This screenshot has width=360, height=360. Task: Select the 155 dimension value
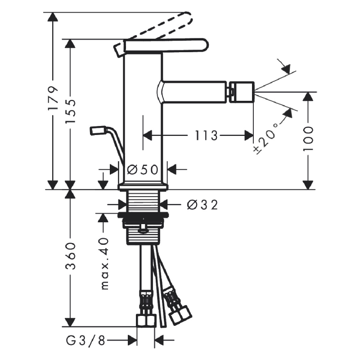tap(70, 111)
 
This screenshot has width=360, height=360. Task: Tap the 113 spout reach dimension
tap(206, 135)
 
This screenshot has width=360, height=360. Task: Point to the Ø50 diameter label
tap(143, 170)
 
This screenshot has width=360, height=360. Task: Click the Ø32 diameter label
tap(202, 205)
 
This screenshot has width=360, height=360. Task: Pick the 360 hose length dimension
tap(70, 255)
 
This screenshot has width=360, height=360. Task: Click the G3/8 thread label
tap(85, 341)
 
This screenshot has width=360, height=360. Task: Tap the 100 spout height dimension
tap(308, 139)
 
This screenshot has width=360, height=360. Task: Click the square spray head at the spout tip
tap(241, 92)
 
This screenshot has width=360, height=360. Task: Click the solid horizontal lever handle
tap(166, 45)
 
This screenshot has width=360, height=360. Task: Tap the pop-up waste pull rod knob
tap(98, 130)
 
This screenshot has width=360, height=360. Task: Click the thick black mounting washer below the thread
tap(143, 216)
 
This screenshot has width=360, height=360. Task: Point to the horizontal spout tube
tap(193, 92)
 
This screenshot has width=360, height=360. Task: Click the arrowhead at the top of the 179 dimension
tap(53, 17)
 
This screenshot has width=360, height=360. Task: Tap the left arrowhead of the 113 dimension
tap(148, 135)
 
